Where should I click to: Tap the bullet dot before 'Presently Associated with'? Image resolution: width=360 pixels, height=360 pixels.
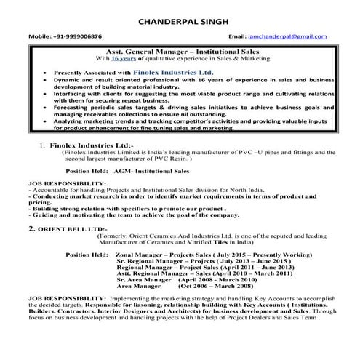[45, 74]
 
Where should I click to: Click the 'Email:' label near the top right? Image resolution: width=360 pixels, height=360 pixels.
[238, 36]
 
